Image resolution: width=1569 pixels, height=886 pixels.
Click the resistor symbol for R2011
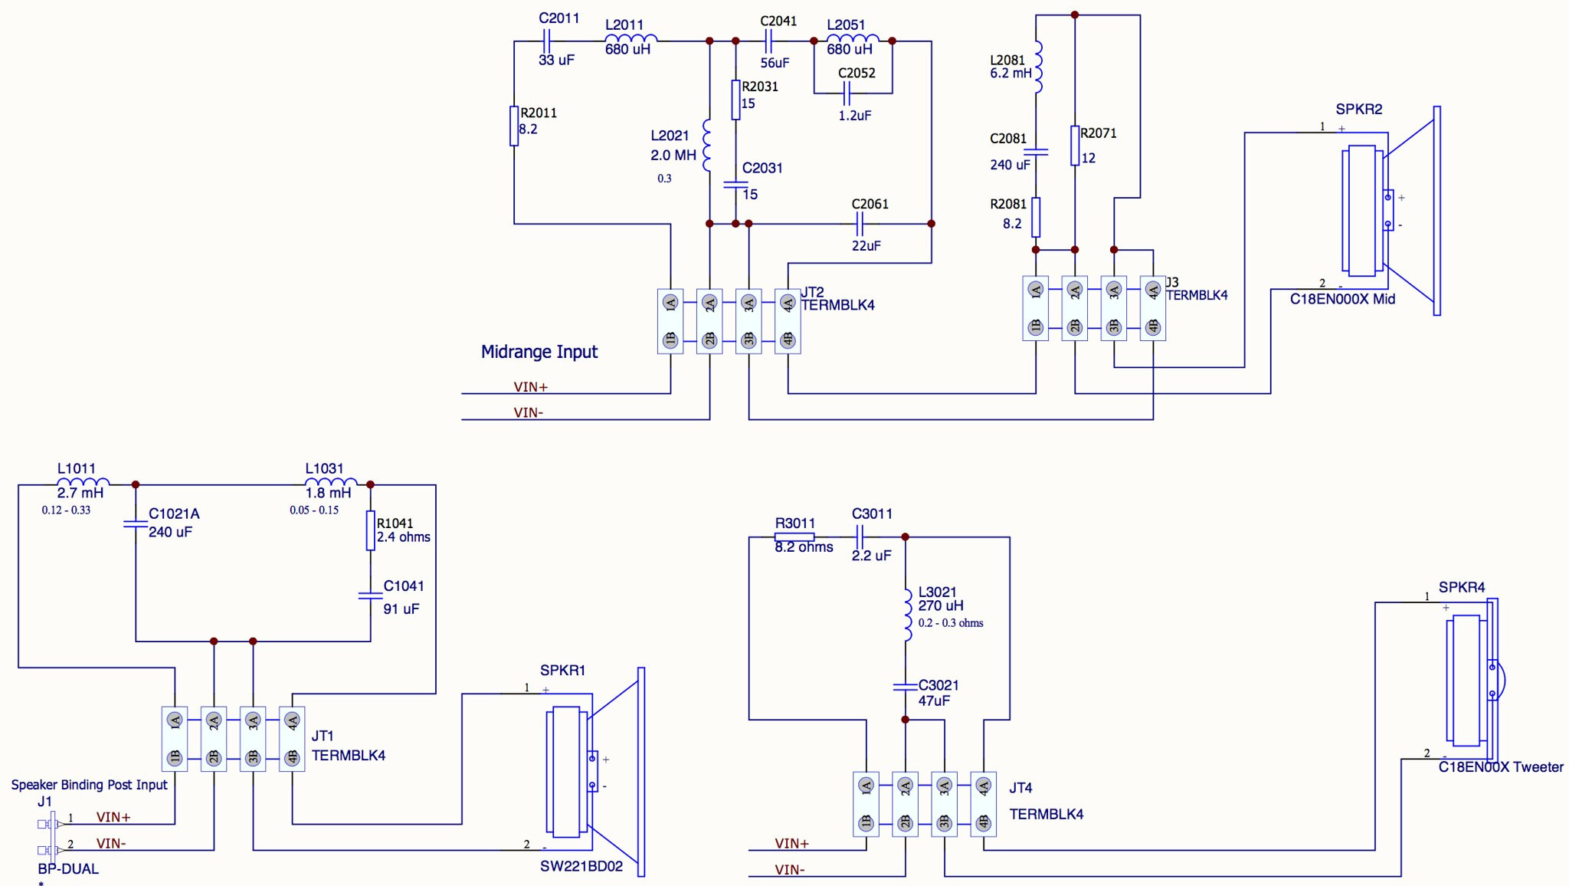point(514,126)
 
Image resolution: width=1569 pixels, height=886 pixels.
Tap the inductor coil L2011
point(631,38)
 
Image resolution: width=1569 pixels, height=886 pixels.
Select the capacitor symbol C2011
point(547,41)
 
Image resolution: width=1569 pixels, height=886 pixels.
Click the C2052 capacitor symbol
point(847,94)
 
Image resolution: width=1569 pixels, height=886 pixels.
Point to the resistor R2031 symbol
point(735,100)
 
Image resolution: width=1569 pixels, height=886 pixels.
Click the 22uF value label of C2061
point(866,246)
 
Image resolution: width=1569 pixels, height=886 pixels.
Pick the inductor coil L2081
point(1038,67)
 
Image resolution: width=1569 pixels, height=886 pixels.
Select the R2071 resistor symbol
point(1075,146)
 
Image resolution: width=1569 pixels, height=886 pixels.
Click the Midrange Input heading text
point(539,352)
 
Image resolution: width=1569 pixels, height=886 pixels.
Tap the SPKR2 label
point(1359,109)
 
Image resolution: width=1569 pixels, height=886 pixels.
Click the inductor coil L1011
point(84,481)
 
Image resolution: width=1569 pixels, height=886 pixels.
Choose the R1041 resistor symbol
point(370,530)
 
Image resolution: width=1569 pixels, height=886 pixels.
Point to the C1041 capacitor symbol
point(370,596)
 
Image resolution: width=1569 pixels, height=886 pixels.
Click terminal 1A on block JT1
point(175,720)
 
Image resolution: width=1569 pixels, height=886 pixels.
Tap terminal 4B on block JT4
point(984,823)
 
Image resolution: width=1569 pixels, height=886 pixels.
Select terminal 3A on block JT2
point(748,303)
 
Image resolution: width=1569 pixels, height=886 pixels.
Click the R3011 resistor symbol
point(794,537)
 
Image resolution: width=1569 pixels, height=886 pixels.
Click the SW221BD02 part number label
point(581,867)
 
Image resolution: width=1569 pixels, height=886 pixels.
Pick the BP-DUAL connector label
point(68,869)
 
